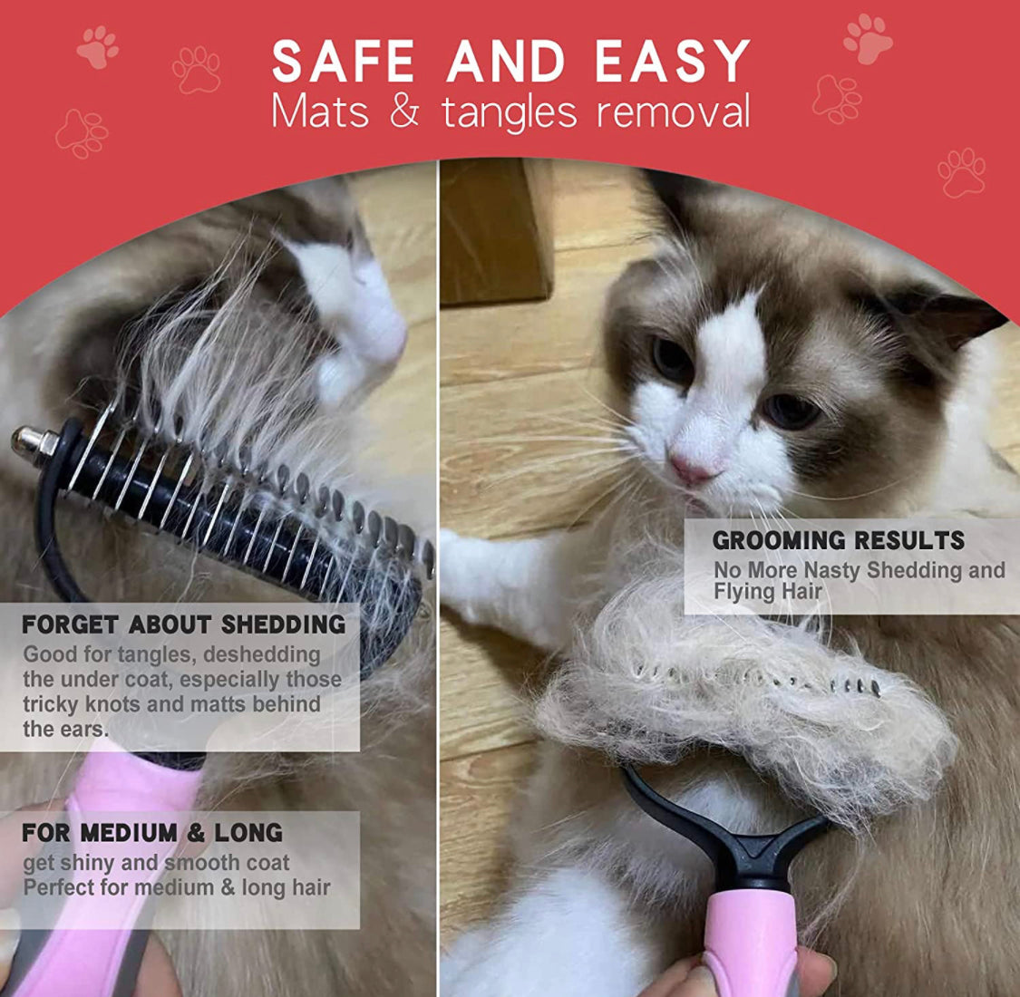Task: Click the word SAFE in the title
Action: [x=343, y=61]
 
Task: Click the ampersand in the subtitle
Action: [x=404, y=111]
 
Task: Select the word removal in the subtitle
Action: [x=674, y=111]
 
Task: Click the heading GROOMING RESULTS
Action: [x=839, y=540]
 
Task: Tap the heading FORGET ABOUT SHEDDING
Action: [x=183, y=624]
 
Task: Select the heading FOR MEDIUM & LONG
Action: [x=152, y=832]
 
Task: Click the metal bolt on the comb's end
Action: [x=34, y=442]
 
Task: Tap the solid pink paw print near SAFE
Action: [x=98, y=47]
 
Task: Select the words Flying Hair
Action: [x=768, y=593]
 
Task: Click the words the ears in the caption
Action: [x=65, y=729]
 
